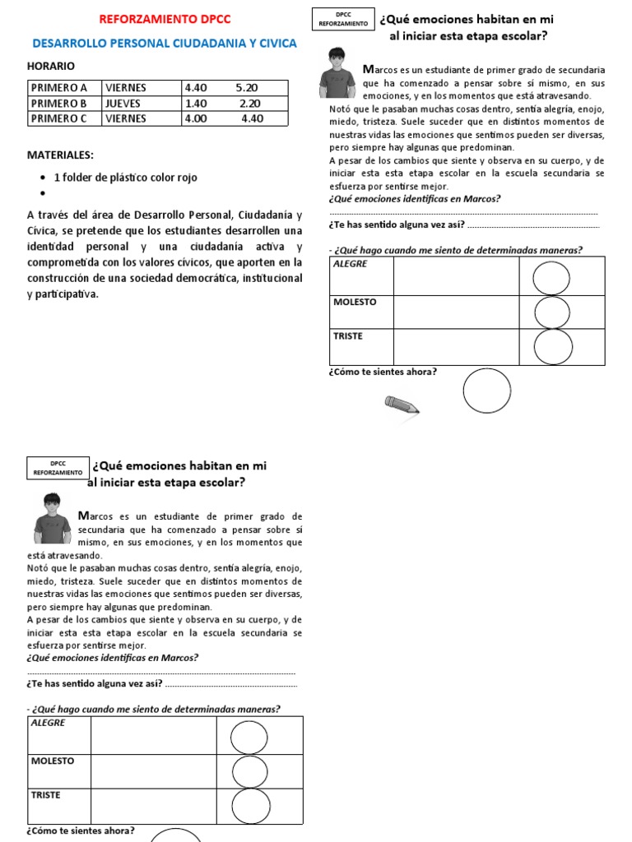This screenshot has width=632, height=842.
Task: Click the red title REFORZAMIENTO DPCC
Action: point(165,19)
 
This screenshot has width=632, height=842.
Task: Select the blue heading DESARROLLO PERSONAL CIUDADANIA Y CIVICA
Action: point(165,44)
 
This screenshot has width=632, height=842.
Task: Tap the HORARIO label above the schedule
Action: point(51,66)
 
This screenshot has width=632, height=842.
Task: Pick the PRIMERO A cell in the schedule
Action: point(63,88)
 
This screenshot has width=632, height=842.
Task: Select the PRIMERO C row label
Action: point(63,118)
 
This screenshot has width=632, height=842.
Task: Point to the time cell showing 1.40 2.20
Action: point(222,104)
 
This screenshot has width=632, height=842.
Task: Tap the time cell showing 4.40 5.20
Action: point(221,88)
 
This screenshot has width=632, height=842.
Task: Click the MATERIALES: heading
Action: point(60,155)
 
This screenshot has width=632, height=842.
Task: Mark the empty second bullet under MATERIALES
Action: point(43,194)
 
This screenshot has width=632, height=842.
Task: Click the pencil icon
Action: point(402,405)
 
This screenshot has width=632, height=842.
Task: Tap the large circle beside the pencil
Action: point(487,391)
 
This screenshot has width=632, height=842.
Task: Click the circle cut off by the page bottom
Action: point(176,834)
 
